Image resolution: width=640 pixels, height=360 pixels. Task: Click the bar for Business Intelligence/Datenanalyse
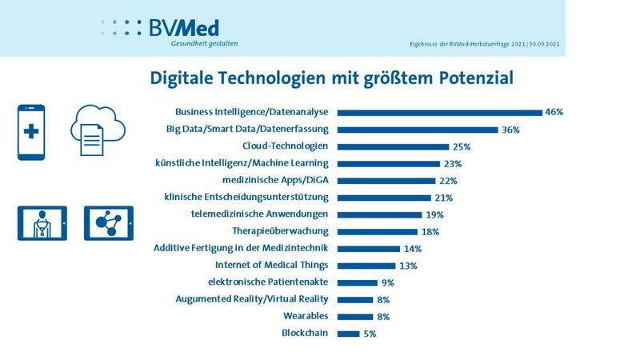point(439,112)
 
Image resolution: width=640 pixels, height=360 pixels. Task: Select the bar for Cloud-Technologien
point(393,146)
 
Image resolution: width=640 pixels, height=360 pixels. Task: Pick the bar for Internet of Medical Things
point(366,265)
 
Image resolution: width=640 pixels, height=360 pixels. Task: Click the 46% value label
point(554,112)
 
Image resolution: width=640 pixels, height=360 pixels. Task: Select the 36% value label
point(510,130)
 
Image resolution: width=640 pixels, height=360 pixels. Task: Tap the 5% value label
point(370,333)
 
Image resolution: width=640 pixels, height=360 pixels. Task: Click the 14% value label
point(414,248)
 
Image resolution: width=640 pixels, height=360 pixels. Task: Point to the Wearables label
point(306,316)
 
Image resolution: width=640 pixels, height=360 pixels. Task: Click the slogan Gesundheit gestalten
point(204,44)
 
